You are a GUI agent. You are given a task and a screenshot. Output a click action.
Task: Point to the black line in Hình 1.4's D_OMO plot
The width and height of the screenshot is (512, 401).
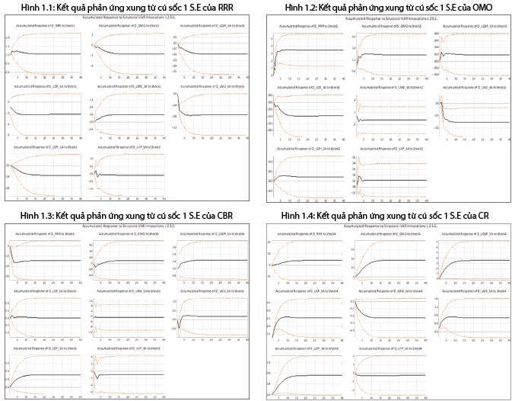pos(396,261)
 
